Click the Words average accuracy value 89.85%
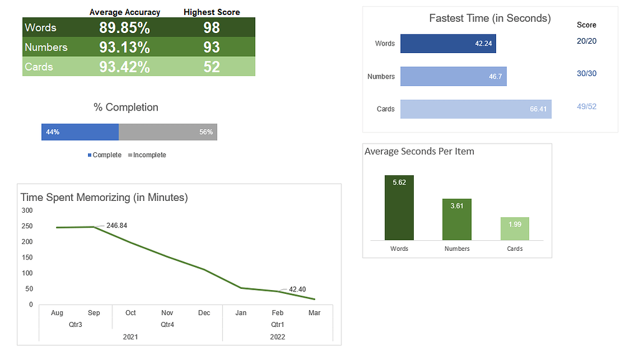(124, 27)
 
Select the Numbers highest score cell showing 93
(212, 47)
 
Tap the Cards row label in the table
(39, 67)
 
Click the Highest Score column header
(212, 12)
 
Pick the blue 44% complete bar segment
(80, 132)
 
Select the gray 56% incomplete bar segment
(167, 132)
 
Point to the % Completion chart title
(126, 107)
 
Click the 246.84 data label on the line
(117, 225)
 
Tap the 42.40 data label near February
(297, 289)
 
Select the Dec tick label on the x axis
(204, 313)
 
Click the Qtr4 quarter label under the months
(167, 324)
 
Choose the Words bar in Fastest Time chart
(448, 44)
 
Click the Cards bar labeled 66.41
(476, 109)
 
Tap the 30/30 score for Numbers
(587, 74)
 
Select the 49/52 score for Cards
(587, 107)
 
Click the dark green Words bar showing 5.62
(399, 208)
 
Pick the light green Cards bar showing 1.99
(515, 228)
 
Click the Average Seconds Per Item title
(419, 152)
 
